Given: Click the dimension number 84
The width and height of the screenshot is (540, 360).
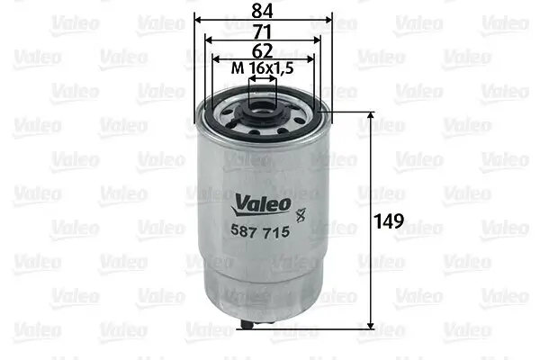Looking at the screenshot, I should [x=263, y=12].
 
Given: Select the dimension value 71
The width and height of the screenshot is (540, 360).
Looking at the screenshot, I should [x=263, y=31].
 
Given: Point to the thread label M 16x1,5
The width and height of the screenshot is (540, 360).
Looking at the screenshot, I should [x=262, y=69].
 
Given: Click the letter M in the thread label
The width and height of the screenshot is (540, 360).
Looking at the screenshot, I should [x=237, y=69].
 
